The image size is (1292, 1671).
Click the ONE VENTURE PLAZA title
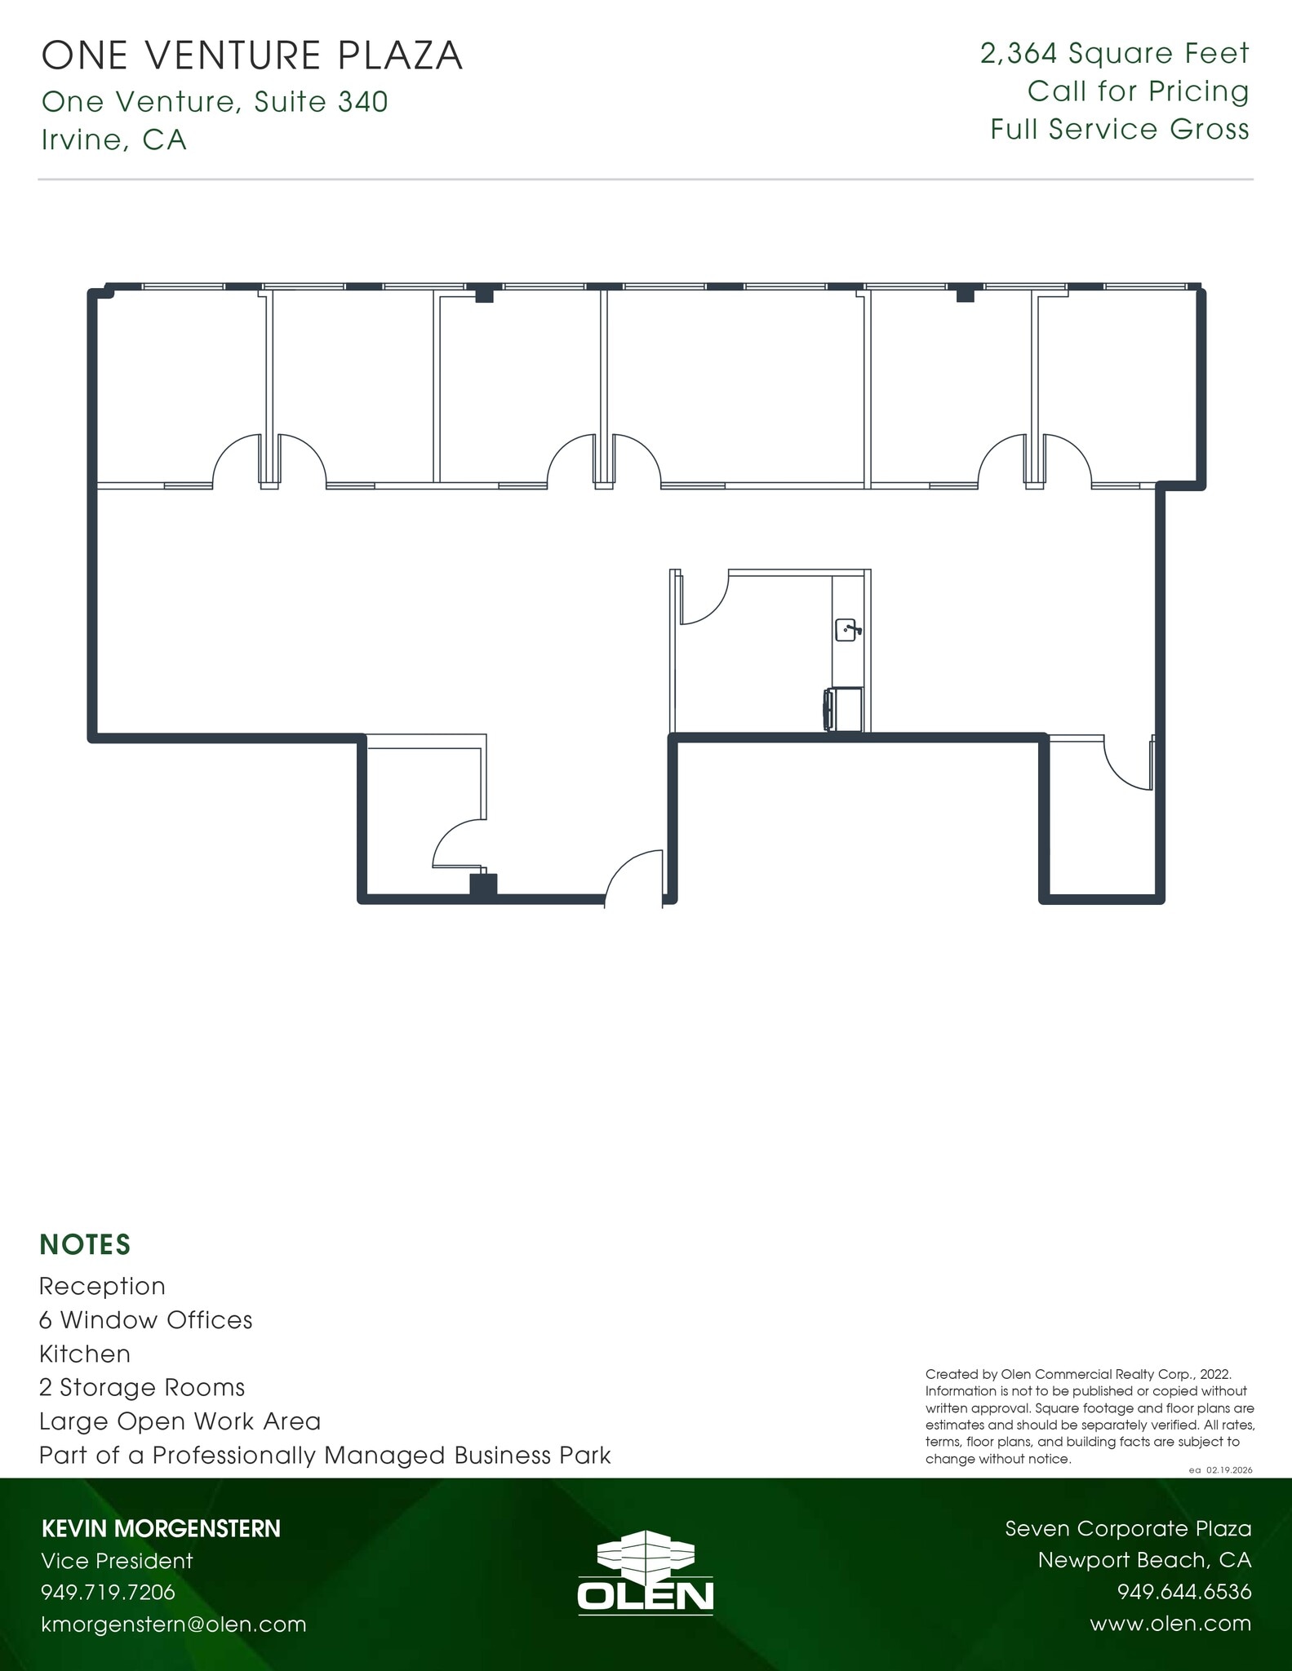tap(252, 56)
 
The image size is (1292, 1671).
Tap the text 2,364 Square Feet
tap(1114, 54)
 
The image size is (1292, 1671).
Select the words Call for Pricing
tap(1138, 91)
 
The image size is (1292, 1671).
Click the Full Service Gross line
tap(1120, 130)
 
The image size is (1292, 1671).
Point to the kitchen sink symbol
tap(846, 630)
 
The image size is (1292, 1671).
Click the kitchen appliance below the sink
tap(843, 709)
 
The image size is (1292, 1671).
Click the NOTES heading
tap(85, 1244)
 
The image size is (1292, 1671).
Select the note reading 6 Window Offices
tap(145, 1320)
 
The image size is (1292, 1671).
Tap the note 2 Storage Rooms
tap(142, 1388)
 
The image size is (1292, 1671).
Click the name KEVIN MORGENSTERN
tap(161, 1529)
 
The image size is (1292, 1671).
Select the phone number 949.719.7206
tap(108, 1592)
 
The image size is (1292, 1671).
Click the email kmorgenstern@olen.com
tap(174, 1624)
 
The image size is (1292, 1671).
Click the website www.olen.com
tap(1170, 1624)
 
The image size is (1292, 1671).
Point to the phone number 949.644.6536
tap(1183, 1592)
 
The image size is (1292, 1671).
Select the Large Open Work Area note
tap(180, 1421)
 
